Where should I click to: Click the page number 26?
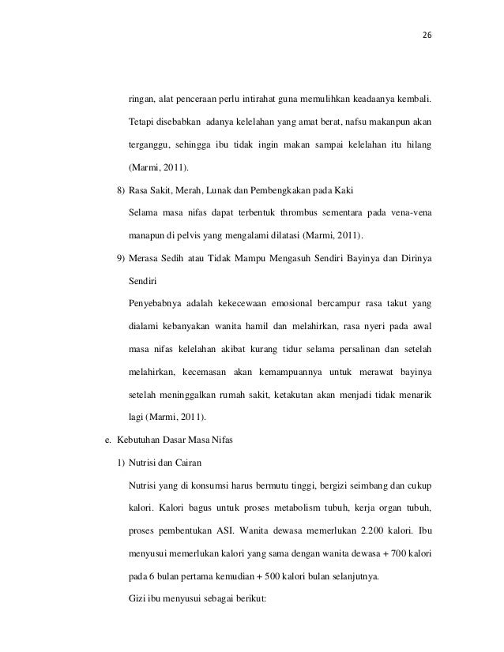pyautogui.click(x=427, y=36)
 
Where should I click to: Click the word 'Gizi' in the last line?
pyautogui.click(x=136, y=597)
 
